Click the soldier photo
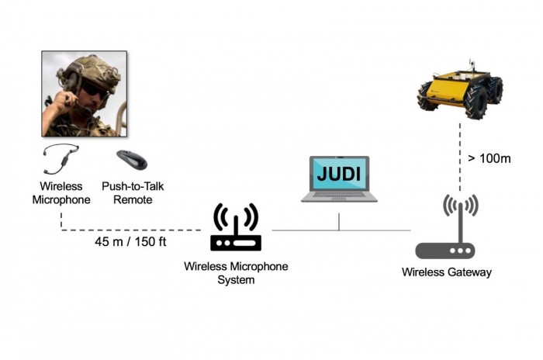(x=84, y=94)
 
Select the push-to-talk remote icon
(x=131, y=159)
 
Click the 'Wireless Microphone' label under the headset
(x=61, y=193)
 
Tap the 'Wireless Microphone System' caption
(x=236, y=272)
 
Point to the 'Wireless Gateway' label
(x=446, y=272)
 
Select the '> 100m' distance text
(x=489, y=158)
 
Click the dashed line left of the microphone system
(x=132, y=230)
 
